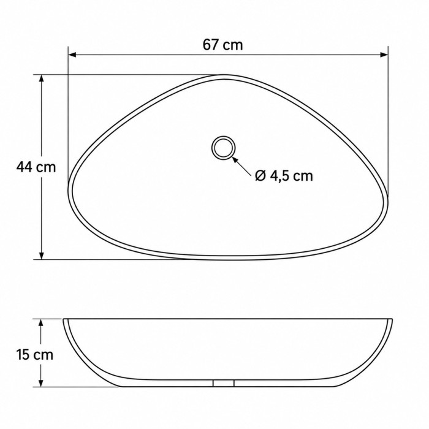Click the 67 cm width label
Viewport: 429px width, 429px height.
pos(222,45)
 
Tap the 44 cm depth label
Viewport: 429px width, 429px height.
pos(36,167)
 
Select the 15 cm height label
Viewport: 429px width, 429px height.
pos(35,355)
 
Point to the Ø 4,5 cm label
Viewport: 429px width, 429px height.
pos(284,176)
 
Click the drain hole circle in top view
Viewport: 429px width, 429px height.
pos(224,137)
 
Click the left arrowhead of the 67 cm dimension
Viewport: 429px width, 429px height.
pos(72,55)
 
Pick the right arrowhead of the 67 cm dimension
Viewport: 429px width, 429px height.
pos(384,55)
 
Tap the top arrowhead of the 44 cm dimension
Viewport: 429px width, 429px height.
pos(41,78)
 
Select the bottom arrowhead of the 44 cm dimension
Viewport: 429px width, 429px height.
pos(41,256)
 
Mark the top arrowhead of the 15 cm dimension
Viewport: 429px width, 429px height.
pos(41,323)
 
